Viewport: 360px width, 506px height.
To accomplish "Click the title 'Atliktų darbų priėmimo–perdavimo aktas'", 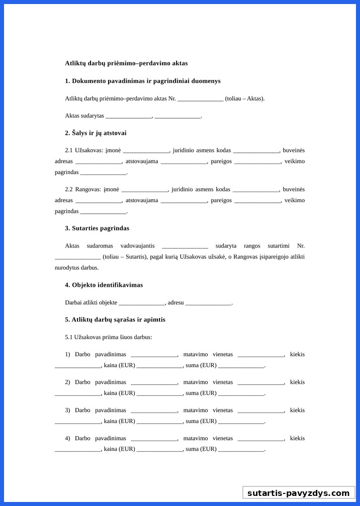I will (126, 63).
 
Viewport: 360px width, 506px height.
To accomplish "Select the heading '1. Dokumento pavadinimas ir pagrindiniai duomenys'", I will (143, 81).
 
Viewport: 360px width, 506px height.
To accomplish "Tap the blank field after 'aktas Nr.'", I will (200, 99).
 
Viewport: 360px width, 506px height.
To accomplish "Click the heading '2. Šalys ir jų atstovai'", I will (96, 133).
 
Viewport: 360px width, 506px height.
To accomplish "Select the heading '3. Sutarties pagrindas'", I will (97, 228).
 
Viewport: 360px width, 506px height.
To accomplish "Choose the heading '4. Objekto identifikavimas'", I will (104, 285).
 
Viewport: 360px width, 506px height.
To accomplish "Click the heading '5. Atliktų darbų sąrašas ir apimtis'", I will (115, 320).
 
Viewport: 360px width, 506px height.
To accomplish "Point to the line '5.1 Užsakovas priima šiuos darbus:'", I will (109, 337).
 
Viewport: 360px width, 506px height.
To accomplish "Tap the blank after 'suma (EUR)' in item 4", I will (241, 450).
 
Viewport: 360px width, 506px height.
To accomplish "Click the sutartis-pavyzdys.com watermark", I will (298, 493).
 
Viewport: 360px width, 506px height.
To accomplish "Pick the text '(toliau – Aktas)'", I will (245, 99).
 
